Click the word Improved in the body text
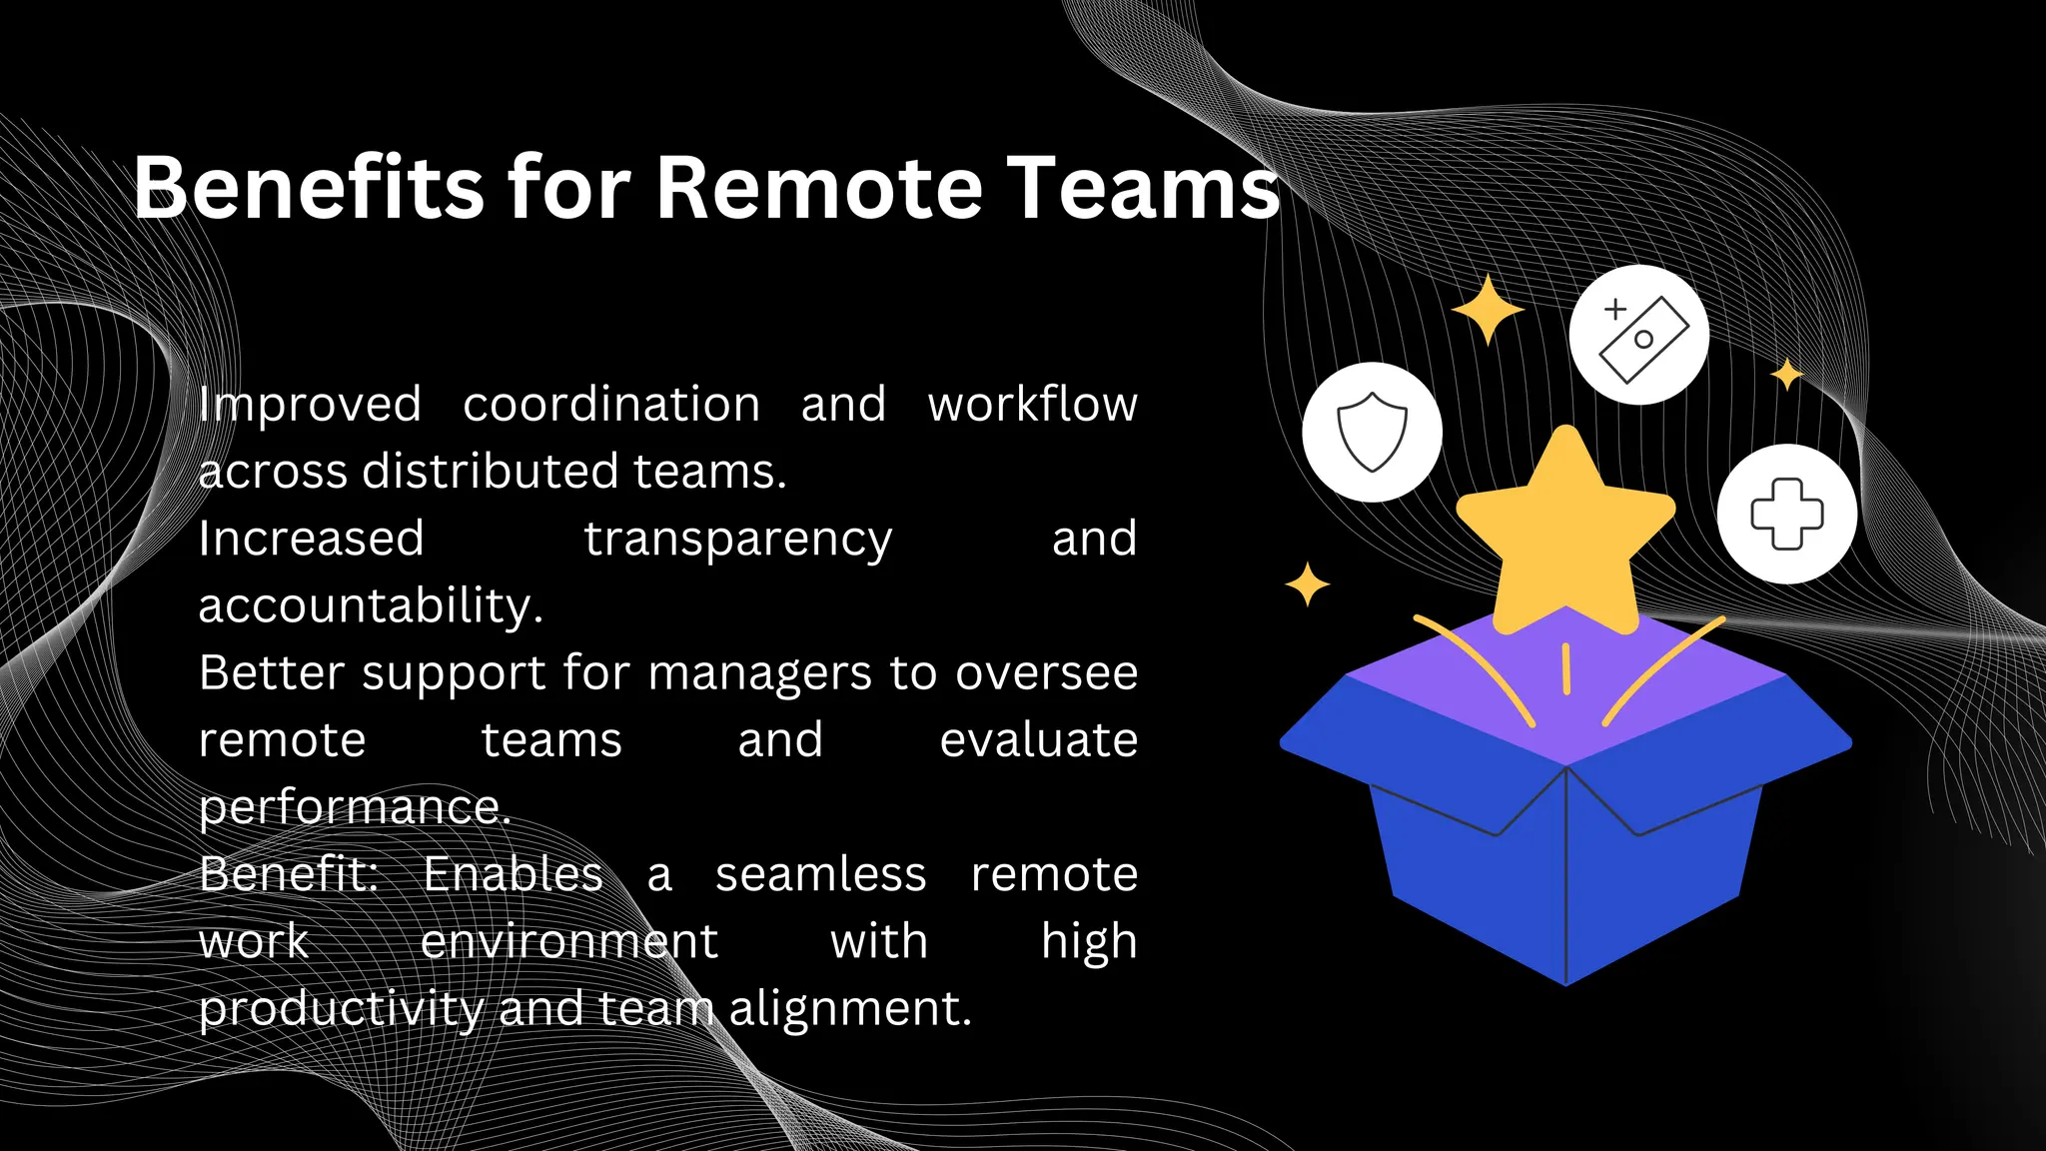(310, 406)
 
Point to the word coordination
(611, 405)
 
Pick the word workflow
(1032, 405)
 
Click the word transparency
(737, 541)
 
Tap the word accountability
(371, 606)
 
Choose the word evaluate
(1038, 740)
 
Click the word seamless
(820, 875)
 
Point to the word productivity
(341, 1009)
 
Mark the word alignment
(849, 1008)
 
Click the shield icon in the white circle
(1372, 432)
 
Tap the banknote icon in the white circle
(1638, 336)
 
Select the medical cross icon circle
(1786, 514)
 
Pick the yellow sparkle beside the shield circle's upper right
(1488, 310)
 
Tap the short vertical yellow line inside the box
(1565, 668)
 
